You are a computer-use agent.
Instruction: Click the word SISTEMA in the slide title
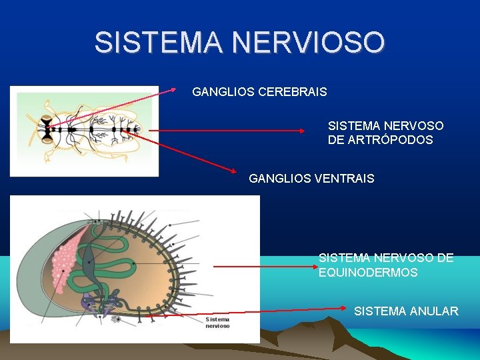click(157, 43)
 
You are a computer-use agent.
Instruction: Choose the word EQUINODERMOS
click(368, 273)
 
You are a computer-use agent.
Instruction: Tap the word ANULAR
click(434, 311)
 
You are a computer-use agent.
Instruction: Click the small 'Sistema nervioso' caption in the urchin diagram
click(218, 323)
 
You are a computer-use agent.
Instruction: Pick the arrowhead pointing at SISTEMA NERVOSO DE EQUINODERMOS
click(317, 266)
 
